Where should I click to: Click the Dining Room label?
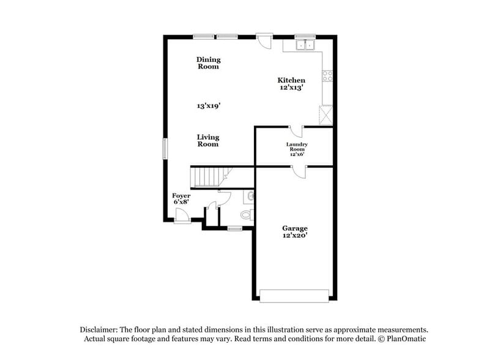click(x=208, y=63)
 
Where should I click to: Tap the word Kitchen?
click(x=291, y=80)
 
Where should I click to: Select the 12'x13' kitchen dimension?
click(x=291, y=88)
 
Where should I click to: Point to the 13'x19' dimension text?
click(x=208, y=106)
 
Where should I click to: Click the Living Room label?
click(x=208, y=141)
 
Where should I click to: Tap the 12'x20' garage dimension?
click(x=295, y=236)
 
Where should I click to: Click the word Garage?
click(x=295, y=228)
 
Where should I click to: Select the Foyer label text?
click(x=181, y=195)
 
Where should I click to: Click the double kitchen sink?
click(x=304, y=44)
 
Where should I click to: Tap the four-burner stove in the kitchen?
click(x=327, y=77)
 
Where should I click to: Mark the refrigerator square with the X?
click(x=324, y=114)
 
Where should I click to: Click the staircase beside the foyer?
click(x=206, y=176)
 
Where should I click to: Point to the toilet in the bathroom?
click(x=247, y=215)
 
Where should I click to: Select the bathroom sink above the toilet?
click(x=250, y=197)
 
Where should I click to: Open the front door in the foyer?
click(x=181, y=216)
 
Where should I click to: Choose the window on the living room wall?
click(x=164, y=149)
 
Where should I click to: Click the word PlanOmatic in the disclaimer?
click(x=404, y=339)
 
